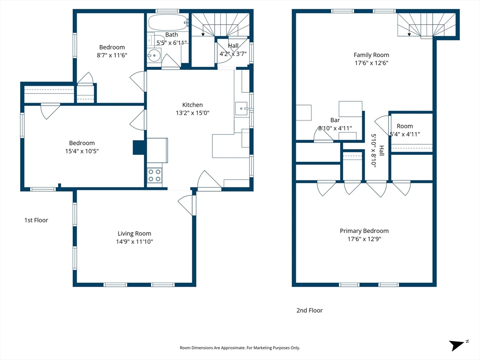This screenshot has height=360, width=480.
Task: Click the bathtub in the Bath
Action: point(168,22)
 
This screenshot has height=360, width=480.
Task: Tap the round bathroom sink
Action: point(154,56)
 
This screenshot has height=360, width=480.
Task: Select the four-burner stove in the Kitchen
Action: point(155,175)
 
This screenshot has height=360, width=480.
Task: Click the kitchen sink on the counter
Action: point(242,109)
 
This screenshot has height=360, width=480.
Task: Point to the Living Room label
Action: point(135,233)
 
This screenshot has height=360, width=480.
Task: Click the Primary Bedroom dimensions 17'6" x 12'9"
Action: point(364,239)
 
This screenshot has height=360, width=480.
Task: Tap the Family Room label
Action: point(371,55)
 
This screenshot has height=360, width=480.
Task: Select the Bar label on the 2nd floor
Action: point(335,120)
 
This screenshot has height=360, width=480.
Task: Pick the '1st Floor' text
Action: point(36,220)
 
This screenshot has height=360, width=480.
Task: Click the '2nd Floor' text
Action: point(309,310)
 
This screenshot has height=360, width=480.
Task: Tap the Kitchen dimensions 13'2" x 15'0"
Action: point(193,112)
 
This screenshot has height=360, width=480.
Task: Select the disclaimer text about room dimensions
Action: point(240,348)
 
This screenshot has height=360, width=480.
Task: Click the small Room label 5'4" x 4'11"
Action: point(405,130)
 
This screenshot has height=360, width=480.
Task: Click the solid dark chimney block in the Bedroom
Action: point(139,147)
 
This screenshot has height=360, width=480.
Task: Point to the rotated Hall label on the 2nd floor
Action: point(377,150)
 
